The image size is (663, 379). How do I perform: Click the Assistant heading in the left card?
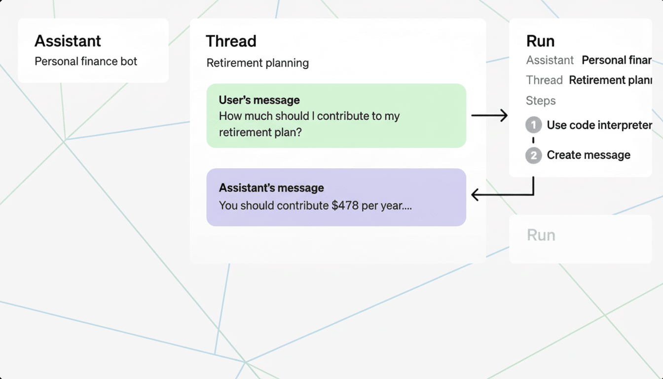tap(68, 41)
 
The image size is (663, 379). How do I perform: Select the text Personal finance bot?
tap(86, 62)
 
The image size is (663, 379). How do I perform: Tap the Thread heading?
tap(231, 41)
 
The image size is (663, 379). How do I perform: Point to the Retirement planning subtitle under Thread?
tap(258, 63)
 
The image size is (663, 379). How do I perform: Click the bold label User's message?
tap(259, 100)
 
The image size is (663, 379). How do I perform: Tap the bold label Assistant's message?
tap(271, 188)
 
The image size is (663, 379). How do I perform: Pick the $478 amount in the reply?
tap(345, 205)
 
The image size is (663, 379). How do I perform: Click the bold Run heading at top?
tap(540, 41)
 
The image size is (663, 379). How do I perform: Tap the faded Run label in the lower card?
tap(541, 235)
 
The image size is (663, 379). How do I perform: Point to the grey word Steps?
tap(541, 101)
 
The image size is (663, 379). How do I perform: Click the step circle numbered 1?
tap(533, 125)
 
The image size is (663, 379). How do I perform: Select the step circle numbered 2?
tap(533, 155)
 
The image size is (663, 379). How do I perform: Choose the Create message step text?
tap(589, 155)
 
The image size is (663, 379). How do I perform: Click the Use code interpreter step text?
tap(599, 125)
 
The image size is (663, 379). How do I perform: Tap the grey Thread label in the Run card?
tap(544, 80)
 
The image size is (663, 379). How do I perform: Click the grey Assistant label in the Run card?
tap(550, 60)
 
